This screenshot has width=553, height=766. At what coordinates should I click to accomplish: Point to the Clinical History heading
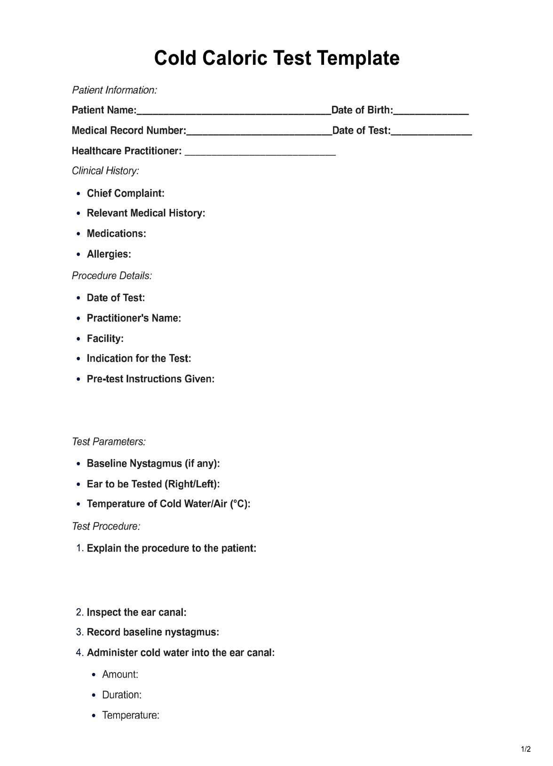point(105,171)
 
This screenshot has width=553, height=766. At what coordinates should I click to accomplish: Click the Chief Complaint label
point(126,193)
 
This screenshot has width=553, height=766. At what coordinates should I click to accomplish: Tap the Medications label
point(116,234)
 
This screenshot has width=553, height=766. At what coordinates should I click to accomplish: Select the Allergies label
point(109,254)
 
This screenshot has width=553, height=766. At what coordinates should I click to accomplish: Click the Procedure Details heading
point(112,276)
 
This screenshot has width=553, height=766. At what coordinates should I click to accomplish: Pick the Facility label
point(105,338)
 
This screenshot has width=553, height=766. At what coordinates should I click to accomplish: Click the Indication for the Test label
point(139,359)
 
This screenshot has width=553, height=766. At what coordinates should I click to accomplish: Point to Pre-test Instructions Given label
point(150,379)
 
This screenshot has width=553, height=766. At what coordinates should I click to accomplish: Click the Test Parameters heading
point(109,442)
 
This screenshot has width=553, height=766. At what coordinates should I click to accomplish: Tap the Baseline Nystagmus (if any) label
point(153,463)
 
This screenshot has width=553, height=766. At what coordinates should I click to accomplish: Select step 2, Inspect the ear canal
point(136,612)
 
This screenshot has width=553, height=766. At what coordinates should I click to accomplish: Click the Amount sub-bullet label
point(120,674)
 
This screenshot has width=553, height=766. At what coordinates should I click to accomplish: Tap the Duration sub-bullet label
point(122,695)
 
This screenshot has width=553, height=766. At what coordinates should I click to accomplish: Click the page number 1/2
point(526,749)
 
